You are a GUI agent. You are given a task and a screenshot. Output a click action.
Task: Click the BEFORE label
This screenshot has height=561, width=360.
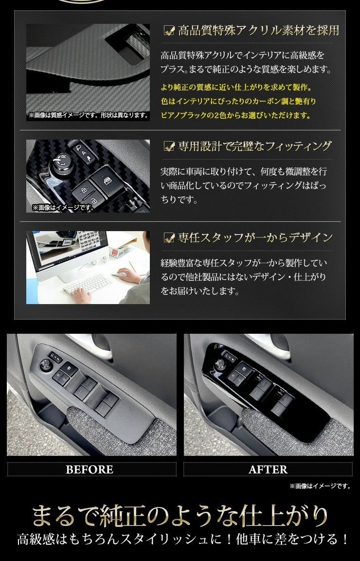pos(90,470)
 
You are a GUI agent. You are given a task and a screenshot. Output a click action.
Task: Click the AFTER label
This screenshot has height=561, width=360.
pos(268,470)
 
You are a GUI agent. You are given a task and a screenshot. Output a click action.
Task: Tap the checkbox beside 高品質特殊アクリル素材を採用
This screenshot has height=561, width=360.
pos(169,31)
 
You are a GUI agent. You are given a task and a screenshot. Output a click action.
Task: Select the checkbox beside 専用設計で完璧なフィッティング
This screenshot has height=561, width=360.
pos(169,145)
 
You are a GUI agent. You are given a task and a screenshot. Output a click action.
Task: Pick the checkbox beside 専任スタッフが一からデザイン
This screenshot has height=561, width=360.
pos(169,237)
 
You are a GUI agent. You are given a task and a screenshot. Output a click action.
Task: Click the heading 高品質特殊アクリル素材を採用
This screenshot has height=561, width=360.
pos(258,31)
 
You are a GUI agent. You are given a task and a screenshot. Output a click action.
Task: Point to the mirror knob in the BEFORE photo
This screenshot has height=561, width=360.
pos(47,364)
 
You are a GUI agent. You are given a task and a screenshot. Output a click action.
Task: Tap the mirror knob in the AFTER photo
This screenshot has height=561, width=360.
pos(221,364)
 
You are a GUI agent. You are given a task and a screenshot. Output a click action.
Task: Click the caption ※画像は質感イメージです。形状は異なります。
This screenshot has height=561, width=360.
pos(88,116)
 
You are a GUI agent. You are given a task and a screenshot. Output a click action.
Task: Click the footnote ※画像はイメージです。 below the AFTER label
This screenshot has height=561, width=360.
pos(320,486)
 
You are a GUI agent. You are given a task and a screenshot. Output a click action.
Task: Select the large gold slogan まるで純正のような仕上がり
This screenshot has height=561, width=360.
pos(180,516)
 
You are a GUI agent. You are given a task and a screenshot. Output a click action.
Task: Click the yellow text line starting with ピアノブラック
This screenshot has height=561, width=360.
pos(235,116)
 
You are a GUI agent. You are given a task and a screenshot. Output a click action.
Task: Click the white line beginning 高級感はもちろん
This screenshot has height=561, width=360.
pos(183,540)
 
